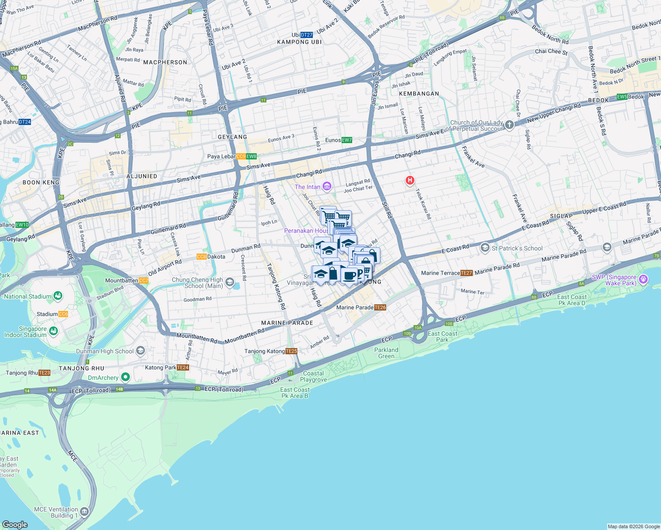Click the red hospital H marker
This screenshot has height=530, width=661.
click(x=410, y=180)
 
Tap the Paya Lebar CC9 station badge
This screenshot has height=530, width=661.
click(x=241, y=156)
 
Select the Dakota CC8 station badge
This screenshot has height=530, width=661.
click(x=201, y=257)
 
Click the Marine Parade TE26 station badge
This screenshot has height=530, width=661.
click(x=380, y=307)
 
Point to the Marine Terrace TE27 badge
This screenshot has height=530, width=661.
click(x=467, y=273)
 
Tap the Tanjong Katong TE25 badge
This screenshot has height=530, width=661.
click(x=291, y=351)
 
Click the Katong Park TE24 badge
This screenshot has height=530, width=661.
click(x=182, y=367)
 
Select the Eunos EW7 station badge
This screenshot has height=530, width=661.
click(x=347, y=140)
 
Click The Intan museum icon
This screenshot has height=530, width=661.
click(x=327, y=186)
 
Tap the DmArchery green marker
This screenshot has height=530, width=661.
click(x=125, y=377)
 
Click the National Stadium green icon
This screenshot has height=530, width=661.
click(x=58, y=296)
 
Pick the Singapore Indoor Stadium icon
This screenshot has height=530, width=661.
click(x=53, y=331)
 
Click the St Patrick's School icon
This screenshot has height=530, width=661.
click(x=485, y=248)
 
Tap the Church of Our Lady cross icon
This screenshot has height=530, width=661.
click(x=509, y=125)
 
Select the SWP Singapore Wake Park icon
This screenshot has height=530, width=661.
click(x=643, y=279)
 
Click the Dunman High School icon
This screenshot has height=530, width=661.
click(x=141, y=351)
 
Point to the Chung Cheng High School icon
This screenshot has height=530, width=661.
click(x=229, y=282)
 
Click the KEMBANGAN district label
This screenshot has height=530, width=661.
click(x=419, y=94)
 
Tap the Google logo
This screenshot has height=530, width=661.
click(x=15, y=524)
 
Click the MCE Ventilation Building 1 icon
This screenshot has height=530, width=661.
click(x=84, y=512)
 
